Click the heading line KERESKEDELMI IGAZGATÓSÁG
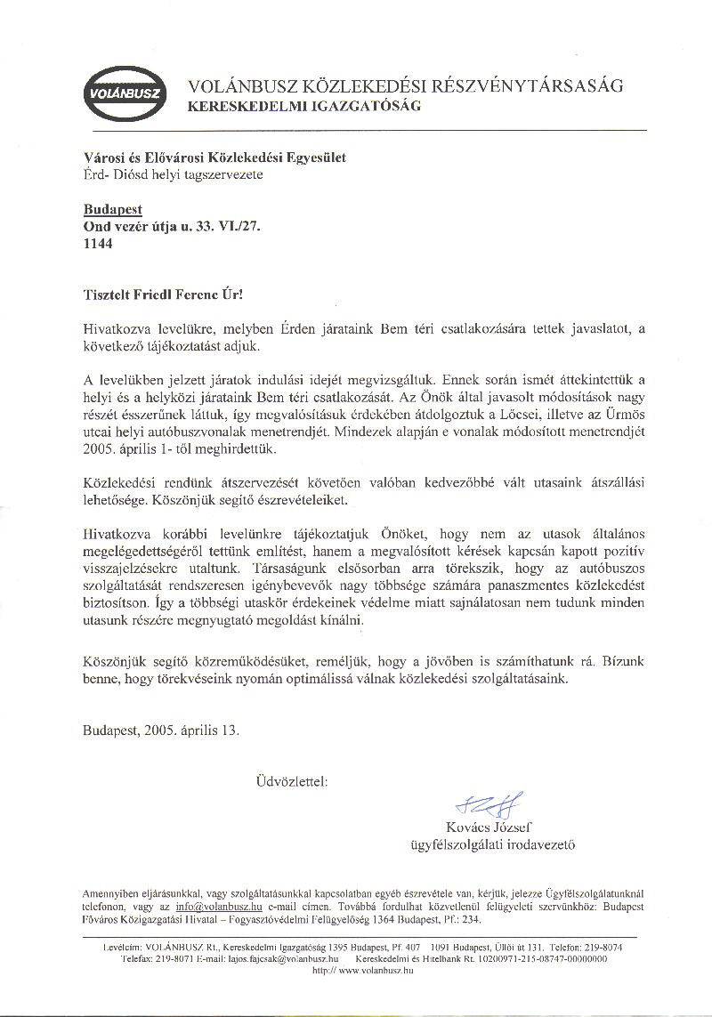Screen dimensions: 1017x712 (x=303, y=106)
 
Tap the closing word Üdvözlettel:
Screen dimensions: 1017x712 (x=290, y=782)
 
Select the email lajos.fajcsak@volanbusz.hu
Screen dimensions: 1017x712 (x=285, y=960)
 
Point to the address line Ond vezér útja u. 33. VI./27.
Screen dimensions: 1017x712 (x=171, y=227)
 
